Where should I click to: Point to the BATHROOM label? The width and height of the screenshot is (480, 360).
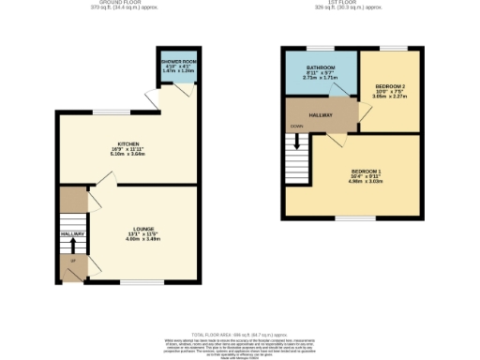[322, 68]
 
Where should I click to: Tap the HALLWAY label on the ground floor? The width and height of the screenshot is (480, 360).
[72, 233]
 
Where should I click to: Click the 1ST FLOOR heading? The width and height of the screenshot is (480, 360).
[340, 3]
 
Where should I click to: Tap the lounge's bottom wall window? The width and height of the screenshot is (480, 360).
[137, 280]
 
